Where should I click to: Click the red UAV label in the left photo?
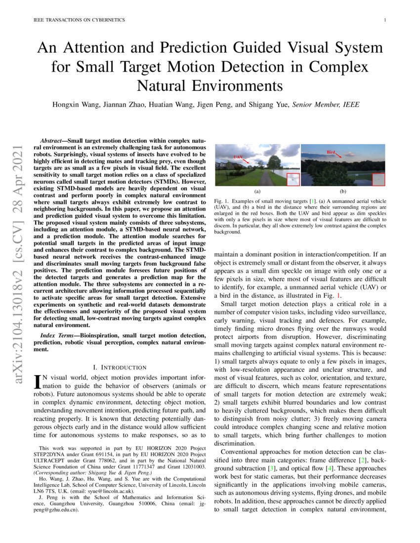(x=238, y=156)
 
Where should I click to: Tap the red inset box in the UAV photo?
(x=293, y=179)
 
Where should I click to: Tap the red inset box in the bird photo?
(x=378, y=179)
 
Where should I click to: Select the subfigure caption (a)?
(x=257, y=191)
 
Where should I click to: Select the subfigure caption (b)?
(x=342, y=191)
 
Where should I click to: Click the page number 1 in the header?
(x=384, y=20)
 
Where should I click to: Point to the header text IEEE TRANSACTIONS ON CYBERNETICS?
(x=79, y=20)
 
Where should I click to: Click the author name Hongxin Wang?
(x=75, y=105)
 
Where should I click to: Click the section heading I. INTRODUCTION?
(x=120, y=367)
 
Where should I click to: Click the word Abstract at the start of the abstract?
(x=52, y=141)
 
